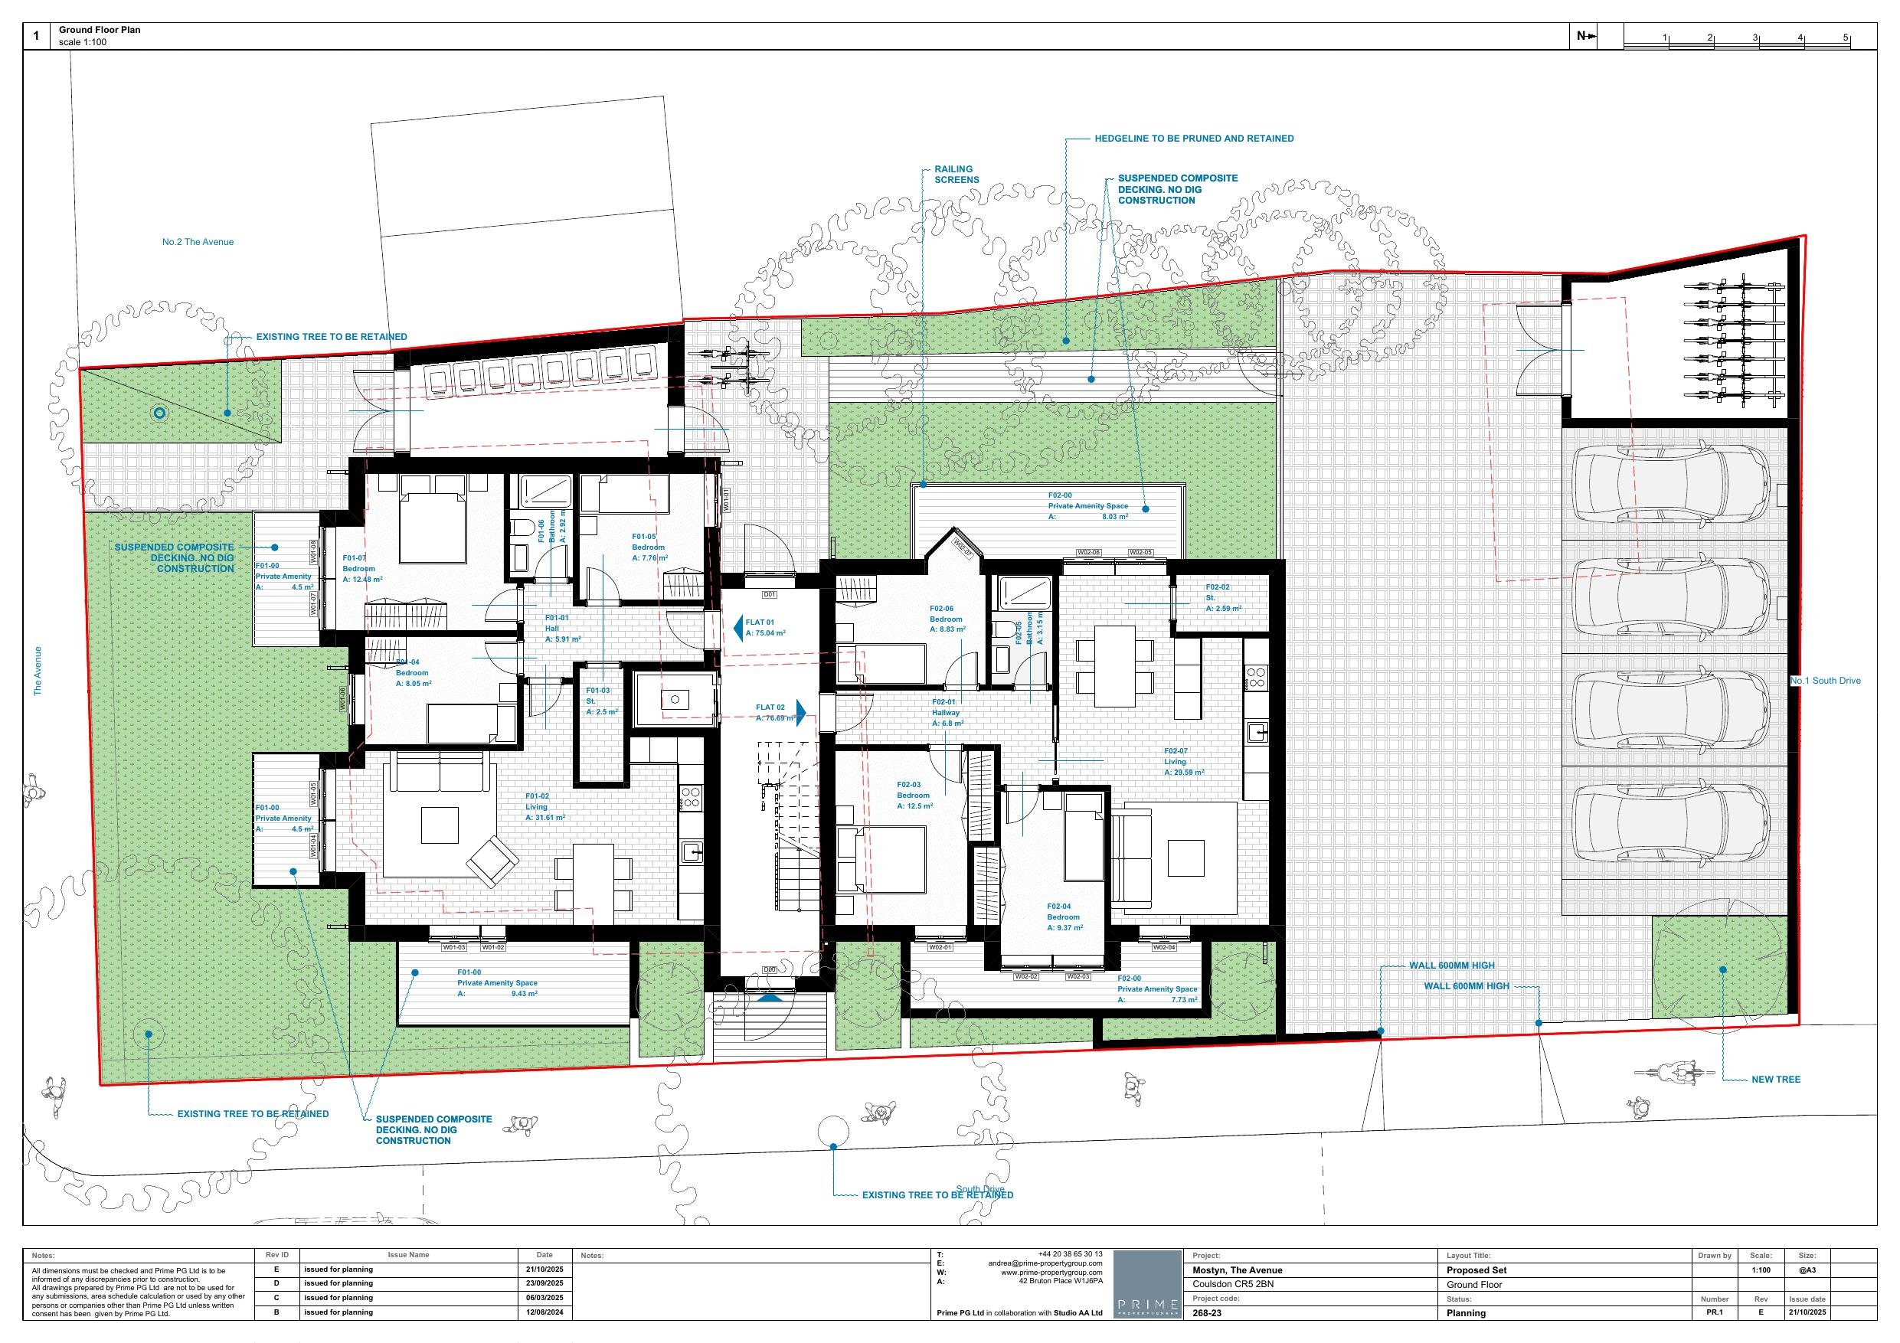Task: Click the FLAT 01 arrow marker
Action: (x=737, y=628)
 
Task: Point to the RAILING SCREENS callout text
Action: (x=956, y=174)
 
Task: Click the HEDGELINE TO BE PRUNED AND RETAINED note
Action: (x=1193, y=138)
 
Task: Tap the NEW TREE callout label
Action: (x=1775, y=1079)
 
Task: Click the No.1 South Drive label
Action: (x=1825, y=680)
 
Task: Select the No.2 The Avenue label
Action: (x=198, y=242)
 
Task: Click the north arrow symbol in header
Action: (x=1585, y=35)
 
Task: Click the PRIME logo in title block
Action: (x=1146, y=1284)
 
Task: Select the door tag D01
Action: (x=769, y=594)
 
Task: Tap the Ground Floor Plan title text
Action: (x=100, y=30)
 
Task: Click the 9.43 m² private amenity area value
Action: (x=524, y=993)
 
